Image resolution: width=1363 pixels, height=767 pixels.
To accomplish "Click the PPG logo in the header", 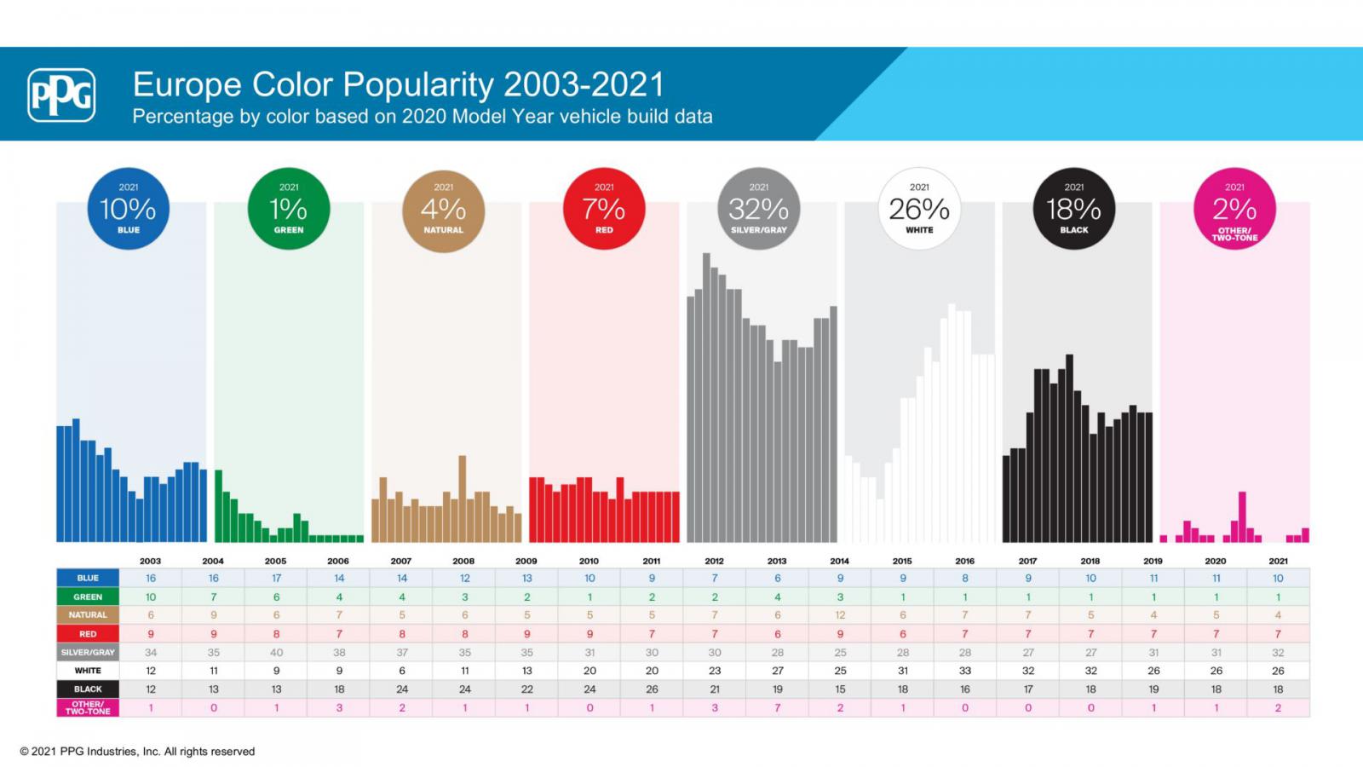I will tap(61, 95).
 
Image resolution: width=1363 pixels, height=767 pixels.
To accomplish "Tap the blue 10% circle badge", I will tap(129, 209).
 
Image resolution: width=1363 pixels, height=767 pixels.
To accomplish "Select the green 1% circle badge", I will tap(289, 209).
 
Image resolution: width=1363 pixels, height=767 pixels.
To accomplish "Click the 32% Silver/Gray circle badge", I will tap(759, 209).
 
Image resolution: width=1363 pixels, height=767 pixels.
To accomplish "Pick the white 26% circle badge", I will tap(919, 209).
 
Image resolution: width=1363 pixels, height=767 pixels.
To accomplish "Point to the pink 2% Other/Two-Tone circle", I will tap(1234, 209).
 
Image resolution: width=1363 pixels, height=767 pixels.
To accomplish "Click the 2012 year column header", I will tap(714, 561).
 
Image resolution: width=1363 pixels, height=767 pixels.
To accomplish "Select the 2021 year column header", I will tap(1278, 561).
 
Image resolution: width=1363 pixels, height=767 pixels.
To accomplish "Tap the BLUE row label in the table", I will tap(88, 578).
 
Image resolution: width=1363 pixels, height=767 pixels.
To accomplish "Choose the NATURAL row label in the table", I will tap(88, 614).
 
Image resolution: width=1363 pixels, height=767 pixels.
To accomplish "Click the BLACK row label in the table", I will tap(88, 689).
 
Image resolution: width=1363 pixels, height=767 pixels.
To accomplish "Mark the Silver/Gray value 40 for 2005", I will tap(276, 652).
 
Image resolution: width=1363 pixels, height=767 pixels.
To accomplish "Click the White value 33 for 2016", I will tap(965, 671).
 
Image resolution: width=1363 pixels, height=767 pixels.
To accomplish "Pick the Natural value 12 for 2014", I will tap(840, 614).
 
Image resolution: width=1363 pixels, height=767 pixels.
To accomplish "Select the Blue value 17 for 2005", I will tap(276, 578).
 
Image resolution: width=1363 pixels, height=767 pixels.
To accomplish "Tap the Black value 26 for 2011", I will tap(652, 689).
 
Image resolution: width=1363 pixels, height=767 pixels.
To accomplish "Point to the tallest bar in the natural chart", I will tap(463, 499).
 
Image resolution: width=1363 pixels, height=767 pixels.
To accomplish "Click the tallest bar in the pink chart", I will tap(1242, 516).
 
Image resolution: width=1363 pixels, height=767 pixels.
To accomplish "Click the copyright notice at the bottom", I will tap(137, 752).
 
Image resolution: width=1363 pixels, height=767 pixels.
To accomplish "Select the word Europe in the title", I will tap(187, 84).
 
